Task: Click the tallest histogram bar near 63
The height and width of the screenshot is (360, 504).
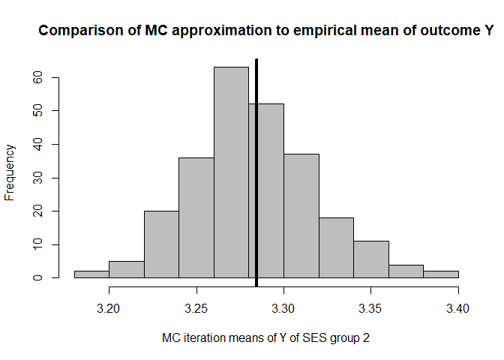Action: pos(231,172)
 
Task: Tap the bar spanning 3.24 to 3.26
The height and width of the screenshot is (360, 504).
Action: pos(196,217)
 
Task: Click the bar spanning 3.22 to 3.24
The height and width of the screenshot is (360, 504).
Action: pos(161,244)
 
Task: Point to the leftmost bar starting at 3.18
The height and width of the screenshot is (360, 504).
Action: pos(91,274)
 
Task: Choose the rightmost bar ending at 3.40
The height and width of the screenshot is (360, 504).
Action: pos(441,274)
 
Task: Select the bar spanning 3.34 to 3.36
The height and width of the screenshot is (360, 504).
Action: pos(371,259)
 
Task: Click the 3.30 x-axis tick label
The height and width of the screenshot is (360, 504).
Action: pos(283,308)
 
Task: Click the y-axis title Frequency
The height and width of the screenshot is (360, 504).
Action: pos(10,172)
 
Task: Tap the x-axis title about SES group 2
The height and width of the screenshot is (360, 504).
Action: pos(265,338)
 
